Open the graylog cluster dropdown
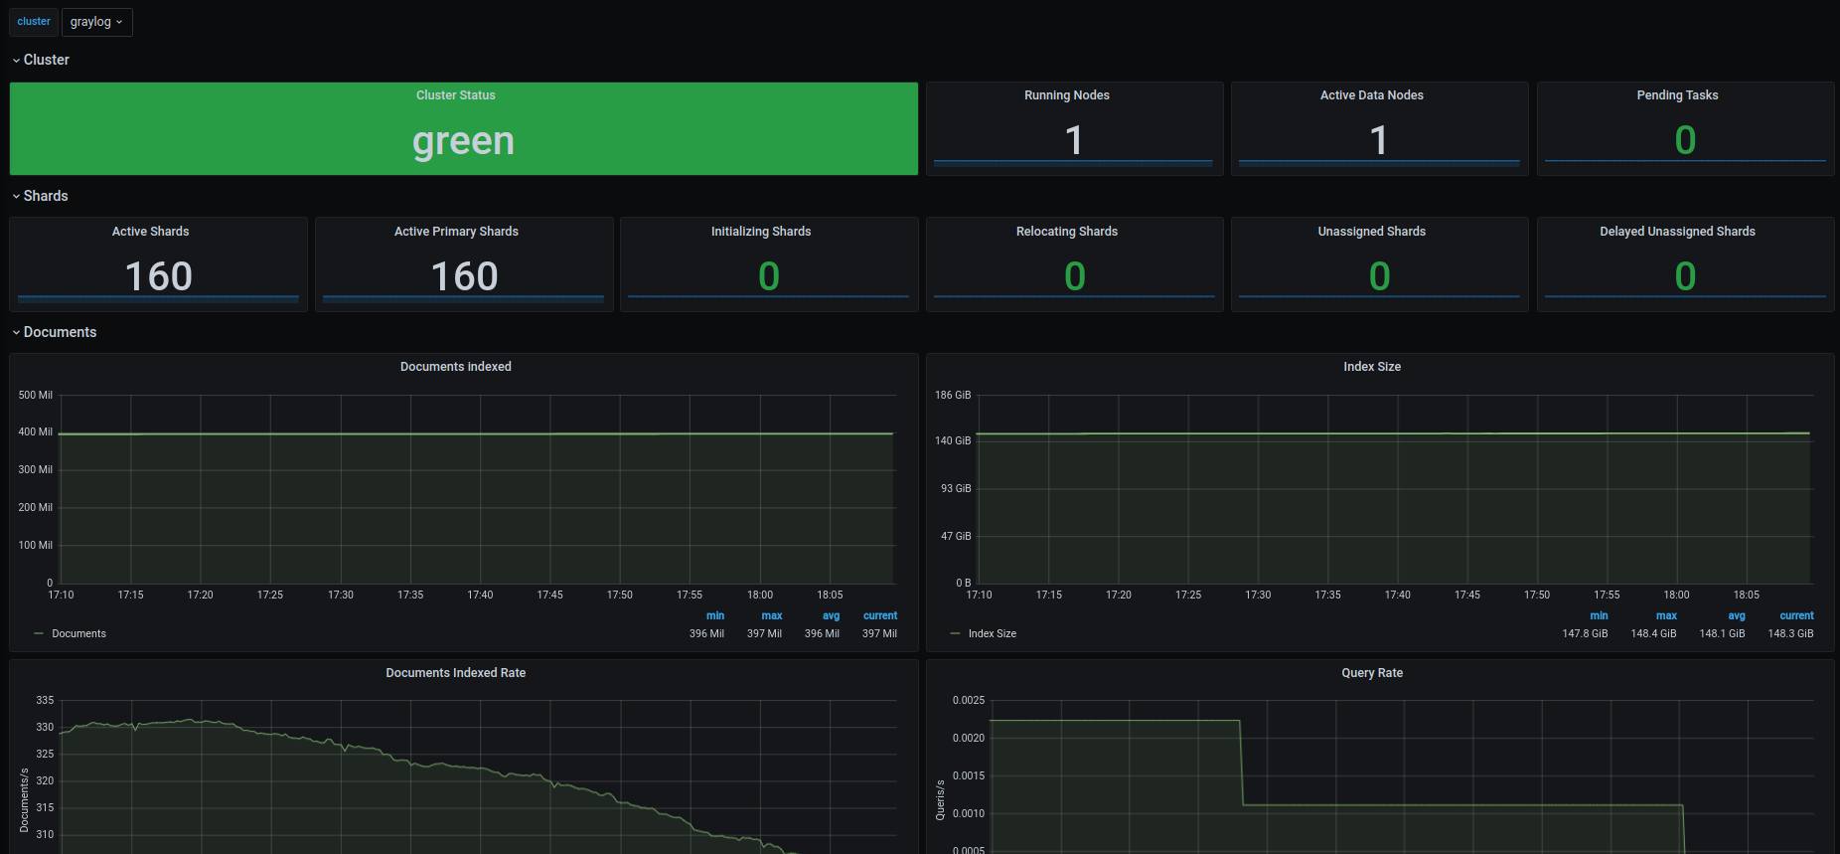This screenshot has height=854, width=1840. point(96,22)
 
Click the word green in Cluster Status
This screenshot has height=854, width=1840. point(464,142)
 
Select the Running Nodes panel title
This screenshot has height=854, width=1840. point(1067,95)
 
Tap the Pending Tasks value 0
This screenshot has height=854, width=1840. point(1685,140)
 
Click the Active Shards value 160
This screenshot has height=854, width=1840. point(159,276)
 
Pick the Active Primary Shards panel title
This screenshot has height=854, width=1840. point(456,232)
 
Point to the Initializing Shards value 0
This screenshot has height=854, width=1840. point(769,276)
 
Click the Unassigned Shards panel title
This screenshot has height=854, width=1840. point(1372,232)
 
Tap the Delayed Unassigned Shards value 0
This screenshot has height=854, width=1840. point(1685,276)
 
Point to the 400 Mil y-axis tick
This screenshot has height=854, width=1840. point(36,432)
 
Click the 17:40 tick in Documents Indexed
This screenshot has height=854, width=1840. point(480,595)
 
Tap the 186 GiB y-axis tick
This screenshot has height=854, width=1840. point(953,395)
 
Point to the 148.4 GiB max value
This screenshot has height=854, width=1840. point(1653,633)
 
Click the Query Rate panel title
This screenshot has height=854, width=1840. point(1372,673)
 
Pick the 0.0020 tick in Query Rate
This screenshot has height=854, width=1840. point(969,738)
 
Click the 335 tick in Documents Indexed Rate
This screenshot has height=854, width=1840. point(45,700)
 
